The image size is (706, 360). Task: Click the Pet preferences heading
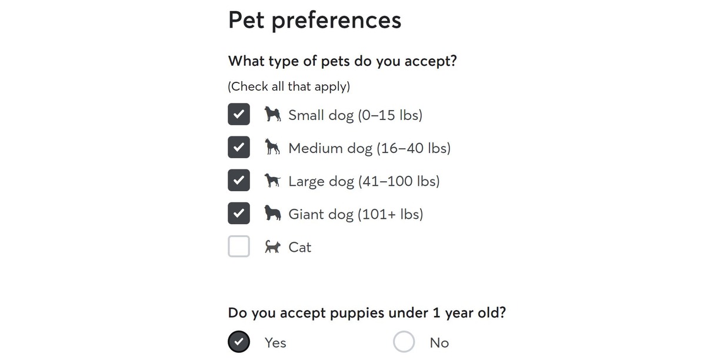click(x=315, y=21)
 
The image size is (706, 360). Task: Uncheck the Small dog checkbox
click(x=239, y=115)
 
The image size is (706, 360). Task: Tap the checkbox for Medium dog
click(x=239, y=148)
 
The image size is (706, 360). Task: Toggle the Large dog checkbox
click(x=239, y=181)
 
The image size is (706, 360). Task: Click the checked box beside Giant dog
click(x=239, y=214)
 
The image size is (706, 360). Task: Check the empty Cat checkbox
click(x=239, y=246)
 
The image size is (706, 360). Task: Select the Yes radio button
click(x=239, y=342)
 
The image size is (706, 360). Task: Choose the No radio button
click(x=404, y=342)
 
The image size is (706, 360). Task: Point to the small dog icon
click(x=272, y=114)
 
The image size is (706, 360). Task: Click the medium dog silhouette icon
click(x=272, y=147)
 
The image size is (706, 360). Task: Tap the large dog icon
click(x=272, y=180)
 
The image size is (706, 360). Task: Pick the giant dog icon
click(x=272, y=213)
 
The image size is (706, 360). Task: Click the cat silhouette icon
click(x=272, y=247)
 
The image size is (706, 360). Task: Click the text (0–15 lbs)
click(x=390, y=115)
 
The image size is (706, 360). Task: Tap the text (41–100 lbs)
click(x=399, y=181)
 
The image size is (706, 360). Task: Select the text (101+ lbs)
click(x=391, y=214)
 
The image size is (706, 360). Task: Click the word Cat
click(x=299, y=247)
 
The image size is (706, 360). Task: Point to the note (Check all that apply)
click(x=289, y=87)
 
